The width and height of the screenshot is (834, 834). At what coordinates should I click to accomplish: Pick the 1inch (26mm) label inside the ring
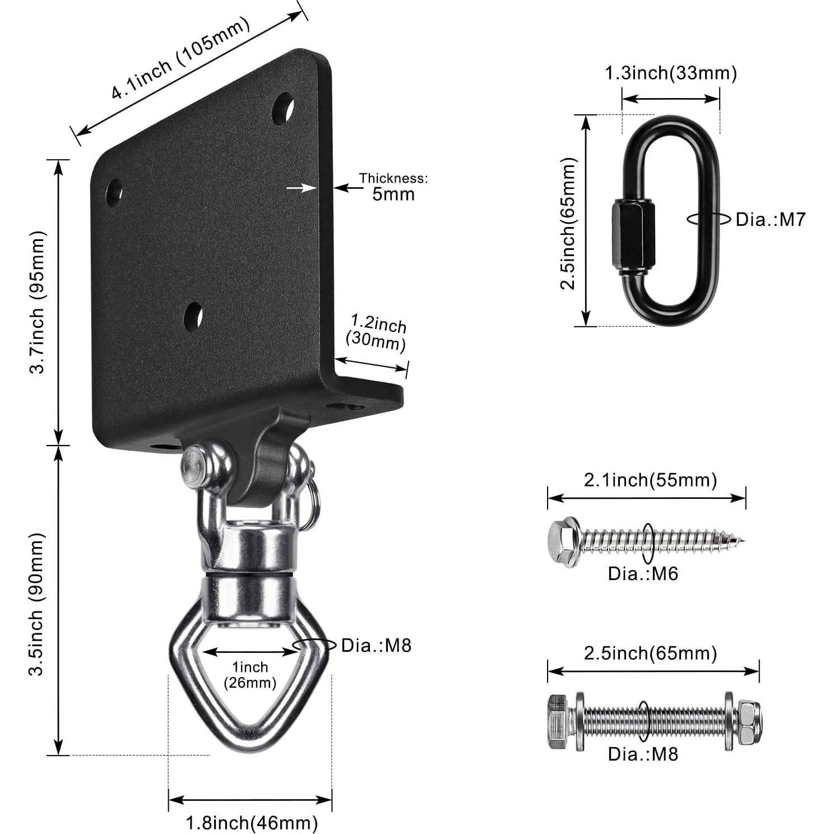coord(251,675)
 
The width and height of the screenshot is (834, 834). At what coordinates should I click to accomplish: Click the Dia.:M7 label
coord(770,220)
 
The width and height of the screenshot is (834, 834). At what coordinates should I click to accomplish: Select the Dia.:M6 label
coord(643,573)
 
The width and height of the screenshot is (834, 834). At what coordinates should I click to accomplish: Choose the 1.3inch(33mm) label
coord(670,73)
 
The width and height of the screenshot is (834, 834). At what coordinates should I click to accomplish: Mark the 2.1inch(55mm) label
coord(650,480)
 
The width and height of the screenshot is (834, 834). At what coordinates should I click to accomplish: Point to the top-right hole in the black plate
coord(282,109)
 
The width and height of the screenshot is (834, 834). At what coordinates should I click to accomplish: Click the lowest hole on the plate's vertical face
coord(193,317)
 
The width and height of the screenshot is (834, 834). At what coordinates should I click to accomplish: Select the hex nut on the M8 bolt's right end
coord(748,722)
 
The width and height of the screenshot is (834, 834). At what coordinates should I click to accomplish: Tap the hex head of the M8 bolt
coord(558,722)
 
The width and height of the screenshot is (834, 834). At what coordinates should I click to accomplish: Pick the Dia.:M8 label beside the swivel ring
coord(376,646)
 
